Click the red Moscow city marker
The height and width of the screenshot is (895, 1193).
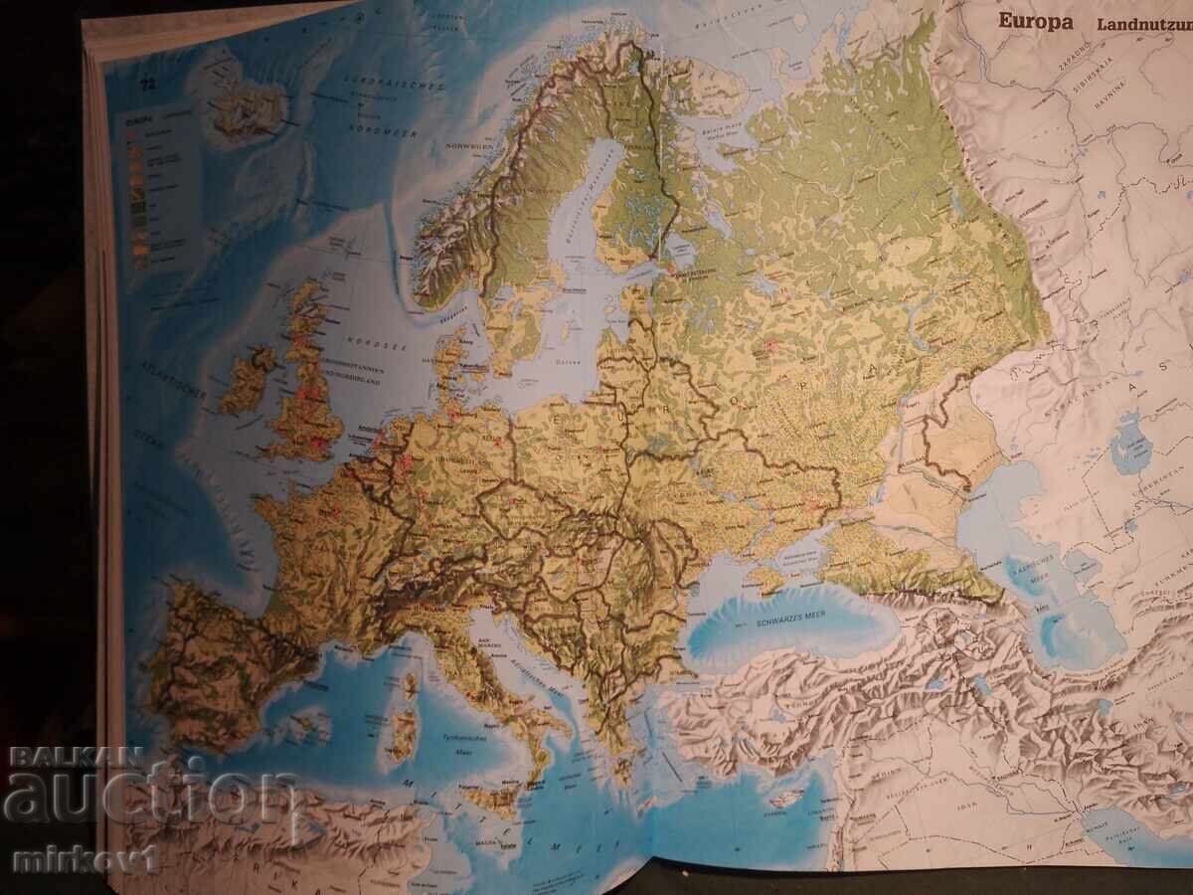coord(771,346)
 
